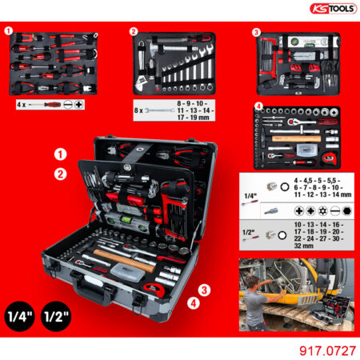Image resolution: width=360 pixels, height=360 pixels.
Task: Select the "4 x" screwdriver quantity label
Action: [21, 104]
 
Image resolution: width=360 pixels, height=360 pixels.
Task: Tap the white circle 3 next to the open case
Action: [205, 289]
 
